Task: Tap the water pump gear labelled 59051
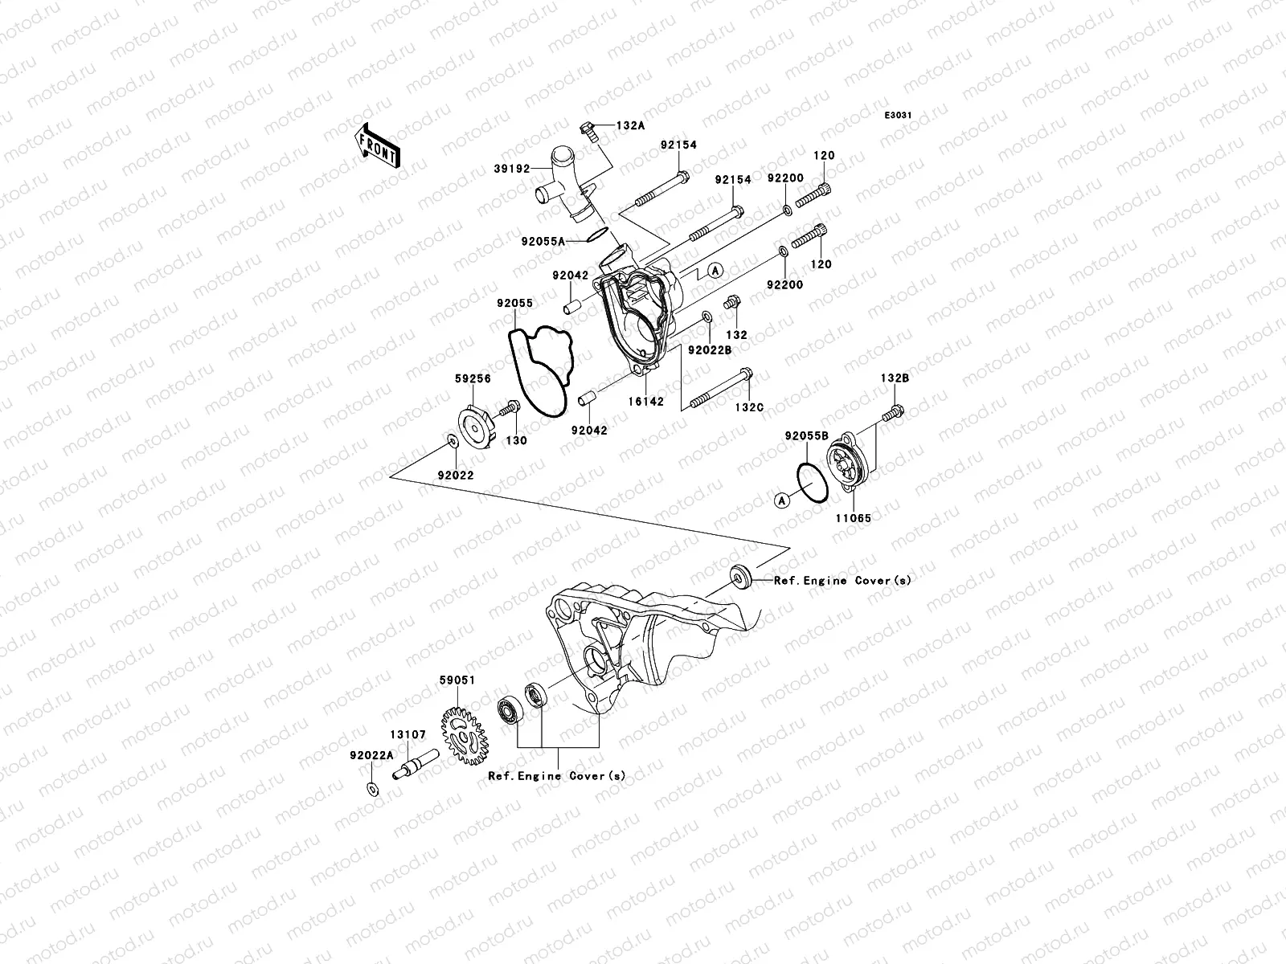click(x=466, y=733)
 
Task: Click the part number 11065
click(x=854, y=519)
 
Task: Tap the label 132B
click(x=895, y=378)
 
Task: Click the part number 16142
click(x=647, y=401)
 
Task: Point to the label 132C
click(x=747, y=408)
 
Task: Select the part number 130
click(x=516, y=440)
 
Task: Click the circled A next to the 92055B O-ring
click(x=781, y=500)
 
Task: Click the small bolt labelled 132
click(x=731, y=304)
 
